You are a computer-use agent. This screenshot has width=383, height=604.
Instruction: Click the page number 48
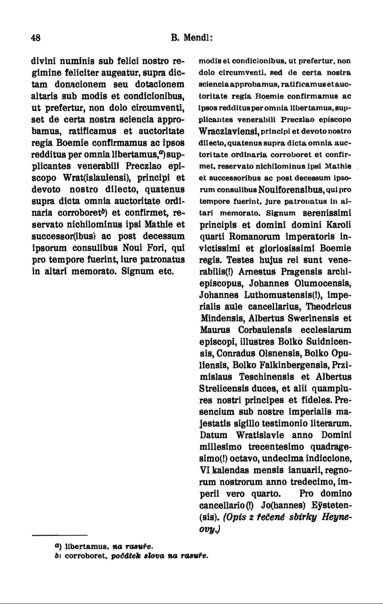click(x=36, y=38)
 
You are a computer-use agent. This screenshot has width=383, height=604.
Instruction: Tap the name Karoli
click(x=338, y=225)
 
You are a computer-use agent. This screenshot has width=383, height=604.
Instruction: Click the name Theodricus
click(x=328, y=307)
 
